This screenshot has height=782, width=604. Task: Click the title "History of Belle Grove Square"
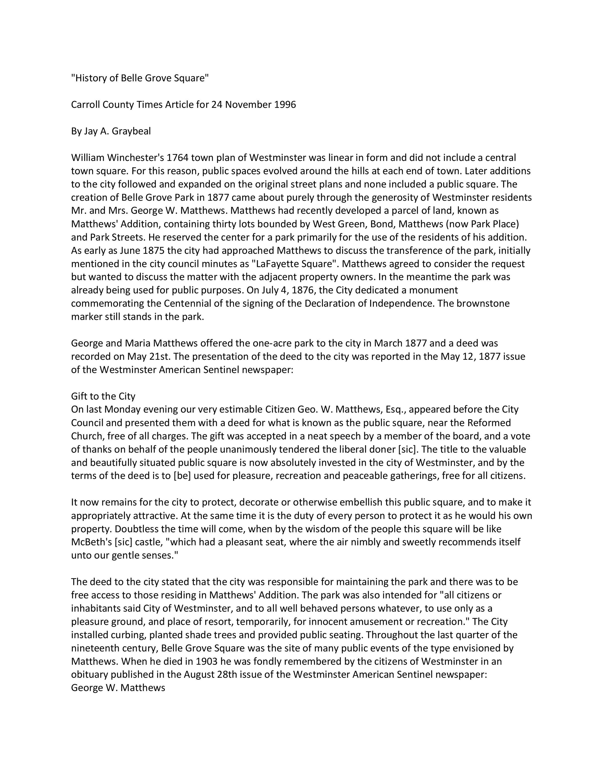(x=140, y=78)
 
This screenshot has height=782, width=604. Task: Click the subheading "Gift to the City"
(x=103, y=396)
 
